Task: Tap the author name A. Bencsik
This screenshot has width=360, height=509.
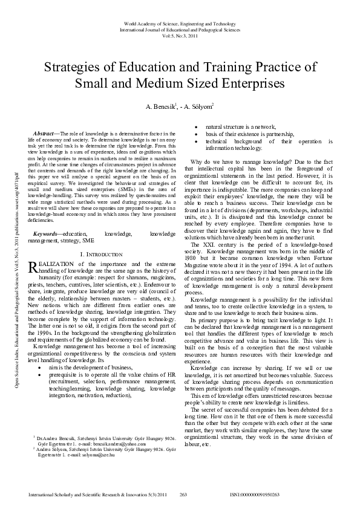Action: [x=160, y=107]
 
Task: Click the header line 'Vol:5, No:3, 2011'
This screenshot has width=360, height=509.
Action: [x=180, y=36]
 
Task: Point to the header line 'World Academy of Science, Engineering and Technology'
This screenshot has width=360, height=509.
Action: [x=180, y=22]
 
